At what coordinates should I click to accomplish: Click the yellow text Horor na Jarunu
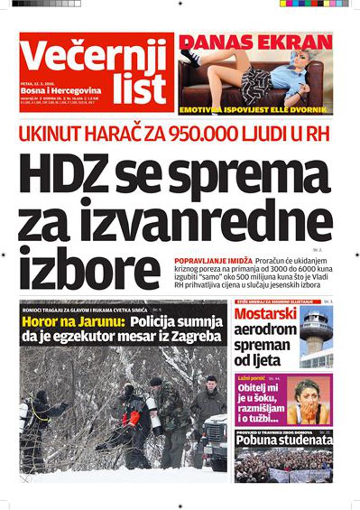(74, 323)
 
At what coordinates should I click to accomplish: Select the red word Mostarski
(265, 314)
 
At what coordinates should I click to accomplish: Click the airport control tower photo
(316, 336)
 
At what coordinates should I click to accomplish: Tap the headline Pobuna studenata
(284, 440)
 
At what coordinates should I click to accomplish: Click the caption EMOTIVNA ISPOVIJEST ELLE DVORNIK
(256, 111)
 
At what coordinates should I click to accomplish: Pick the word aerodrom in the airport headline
(265, 330)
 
